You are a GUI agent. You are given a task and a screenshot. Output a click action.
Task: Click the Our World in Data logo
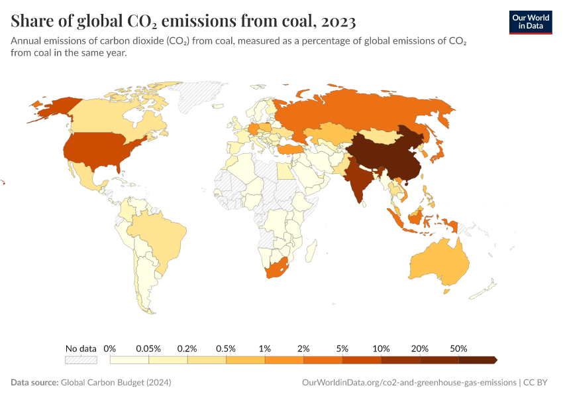tap(530, 21)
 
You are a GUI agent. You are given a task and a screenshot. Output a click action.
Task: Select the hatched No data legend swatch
tap(81, 360)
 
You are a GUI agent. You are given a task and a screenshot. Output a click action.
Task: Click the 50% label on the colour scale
tap(458, 348)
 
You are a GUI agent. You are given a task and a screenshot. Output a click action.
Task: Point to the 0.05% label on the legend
tap(148, 348)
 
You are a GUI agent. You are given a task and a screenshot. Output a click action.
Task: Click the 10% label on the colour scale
tap(381, 348)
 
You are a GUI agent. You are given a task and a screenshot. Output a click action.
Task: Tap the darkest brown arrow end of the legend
tap(493, 360)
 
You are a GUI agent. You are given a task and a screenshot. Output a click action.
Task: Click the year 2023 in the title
tap(338, 21)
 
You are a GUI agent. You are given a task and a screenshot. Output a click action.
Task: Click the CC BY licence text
tap(538, 383)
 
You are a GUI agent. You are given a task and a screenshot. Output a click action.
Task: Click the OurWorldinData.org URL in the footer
tap(408, 383)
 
